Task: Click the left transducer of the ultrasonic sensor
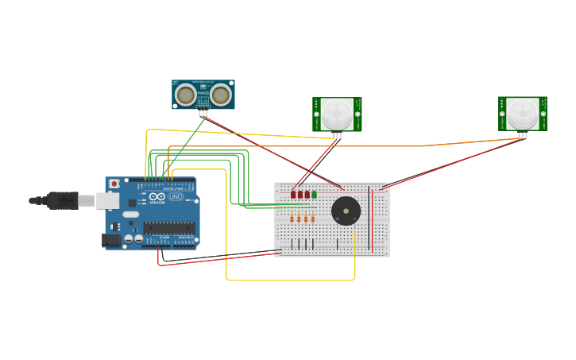[x=186, y=95]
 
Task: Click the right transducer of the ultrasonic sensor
[x=220, y=95]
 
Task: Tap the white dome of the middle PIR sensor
[x=337, y=114]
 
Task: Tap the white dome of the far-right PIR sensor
[x=522, y=114]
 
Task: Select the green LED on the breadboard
[x=314, y=194]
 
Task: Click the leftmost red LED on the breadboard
[x=292, y=194]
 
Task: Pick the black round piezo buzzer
[x=346, y=211]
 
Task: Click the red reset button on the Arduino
[x=114, y=184]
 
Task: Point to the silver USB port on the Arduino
[x=106, y=200]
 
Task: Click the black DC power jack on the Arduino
[x=112, y=239]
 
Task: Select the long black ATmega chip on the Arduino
[x=168, y=227]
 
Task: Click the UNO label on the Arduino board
[x=176, y=196]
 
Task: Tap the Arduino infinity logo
[x=157, y=196]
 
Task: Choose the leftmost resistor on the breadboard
[x=292, y=219]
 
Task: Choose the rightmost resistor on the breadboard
[x=312, y=219]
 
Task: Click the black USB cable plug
[x=62, y=200]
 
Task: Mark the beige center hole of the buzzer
[x=346, y=211]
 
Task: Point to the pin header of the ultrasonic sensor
[x=203, y=113]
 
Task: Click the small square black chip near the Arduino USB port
[x=132, y=203]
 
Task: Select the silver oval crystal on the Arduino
[x=130, y=215]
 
